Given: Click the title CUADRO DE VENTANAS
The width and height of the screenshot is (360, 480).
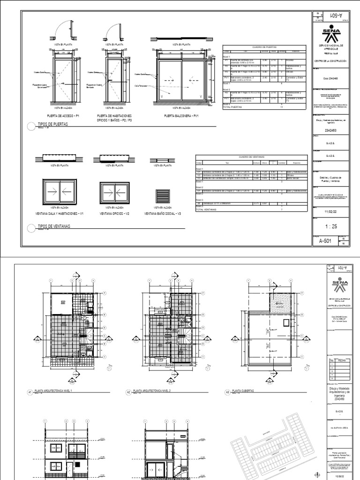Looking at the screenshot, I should pos(252,157).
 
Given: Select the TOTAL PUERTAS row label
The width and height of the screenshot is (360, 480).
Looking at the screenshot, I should pos(234,107).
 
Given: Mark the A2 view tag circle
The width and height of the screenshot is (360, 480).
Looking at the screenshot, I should pos(128,391).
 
